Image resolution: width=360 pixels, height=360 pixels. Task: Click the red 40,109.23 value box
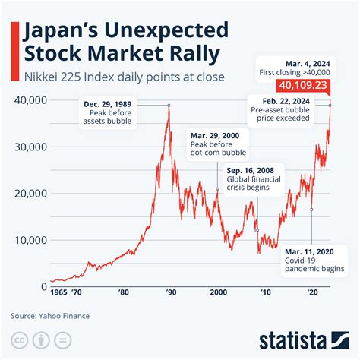click(302, 85)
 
